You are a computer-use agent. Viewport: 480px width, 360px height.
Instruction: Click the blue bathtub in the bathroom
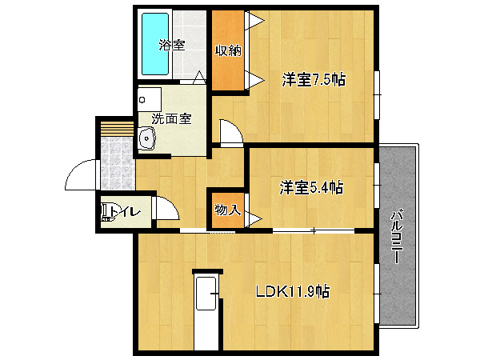[155, 44]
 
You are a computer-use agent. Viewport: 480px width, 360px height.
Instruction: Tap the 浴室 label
[172, 46]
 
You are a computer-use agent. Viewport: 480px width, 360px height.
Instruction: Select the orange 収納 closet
[228, 50]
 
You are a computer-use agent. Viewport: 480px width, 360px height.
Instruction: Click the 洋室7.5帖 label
[314, 79]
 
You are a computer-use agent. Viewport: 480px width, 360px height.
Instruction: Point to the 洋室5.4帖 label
[311, 187]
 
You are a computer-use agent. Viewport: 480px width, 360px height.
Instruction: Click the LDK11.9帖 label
[293, 291]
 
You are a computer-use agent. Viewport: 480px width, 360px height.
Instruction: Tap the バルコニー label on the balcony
[397, 236]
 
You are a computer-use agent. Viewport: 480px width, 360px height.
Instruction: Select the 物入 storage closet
[228, 210]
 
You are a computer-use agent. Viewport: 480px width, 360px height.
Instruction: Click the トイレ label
[126, 211]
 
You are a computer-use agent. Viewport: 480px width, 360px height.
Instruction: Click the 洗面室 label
[172, 118]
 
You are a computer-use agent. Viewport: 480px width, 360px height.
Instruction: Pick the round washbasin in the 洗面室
[147, 138]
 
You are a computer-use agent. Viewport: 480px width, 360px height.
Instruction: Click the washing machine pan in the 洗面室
[150, 99]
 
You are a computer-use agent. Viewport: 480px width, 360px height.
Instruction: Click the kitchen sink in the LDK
[206, 294]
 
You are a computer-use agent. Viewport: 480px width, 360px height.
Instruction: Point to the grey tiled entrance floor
[118, 163]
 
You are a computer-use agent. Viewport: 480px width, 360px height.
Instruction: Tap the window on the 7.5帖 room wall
[377, 95]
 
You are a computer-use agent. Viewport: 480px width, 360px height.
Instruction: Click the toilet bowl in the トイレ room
[106, 213]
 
